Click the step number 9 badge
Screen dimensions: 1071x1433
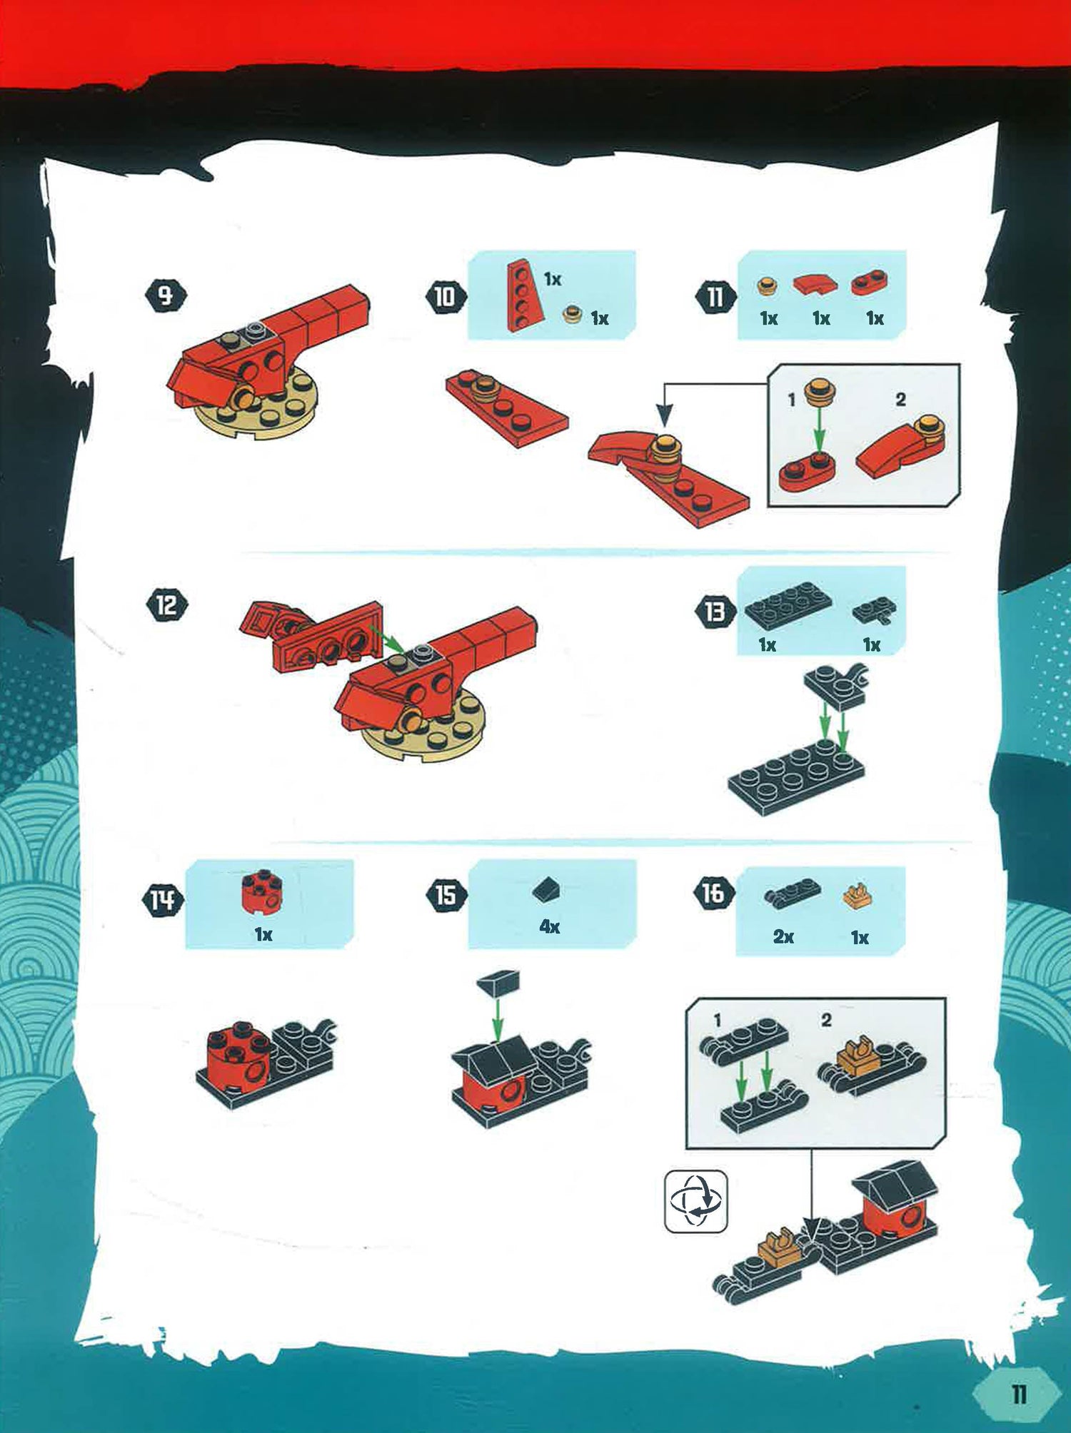(x=166, y=295)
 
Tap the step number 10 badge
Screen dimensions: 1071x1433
(x=446, y=296)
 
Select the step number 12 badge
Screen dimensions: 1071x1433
(x=166, y=605)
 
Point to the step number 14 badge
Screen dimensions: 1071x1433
(x=163, y=900)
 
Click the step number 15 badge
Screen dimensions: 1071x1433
(x=446, y=895)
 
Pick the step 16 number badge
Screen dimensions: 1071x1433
(x=714, y=893)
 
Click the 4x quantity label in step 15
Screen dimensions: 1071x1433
(x=549, y=927)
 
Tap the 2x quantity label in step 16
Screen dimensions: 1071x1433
(x=783, y=936)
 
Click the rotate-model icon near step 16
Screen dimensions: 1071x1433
(x=696, y=1201)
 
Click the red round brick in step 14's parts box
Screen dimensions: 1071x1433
(x=261, y=891)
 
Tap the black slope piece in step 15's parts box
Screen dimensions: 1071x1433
(x=546, y=888)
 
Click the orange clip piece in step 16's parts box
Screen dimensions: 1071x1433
(x=858, y=896)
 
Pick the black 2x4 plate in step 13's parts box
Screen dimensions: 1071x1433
(x=788, y=608)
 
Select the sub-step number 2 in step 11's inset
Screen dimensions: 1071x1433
(x=900, y=400)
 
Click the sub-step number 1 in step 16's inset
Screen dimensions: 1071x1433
(x=717, y=1021)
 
